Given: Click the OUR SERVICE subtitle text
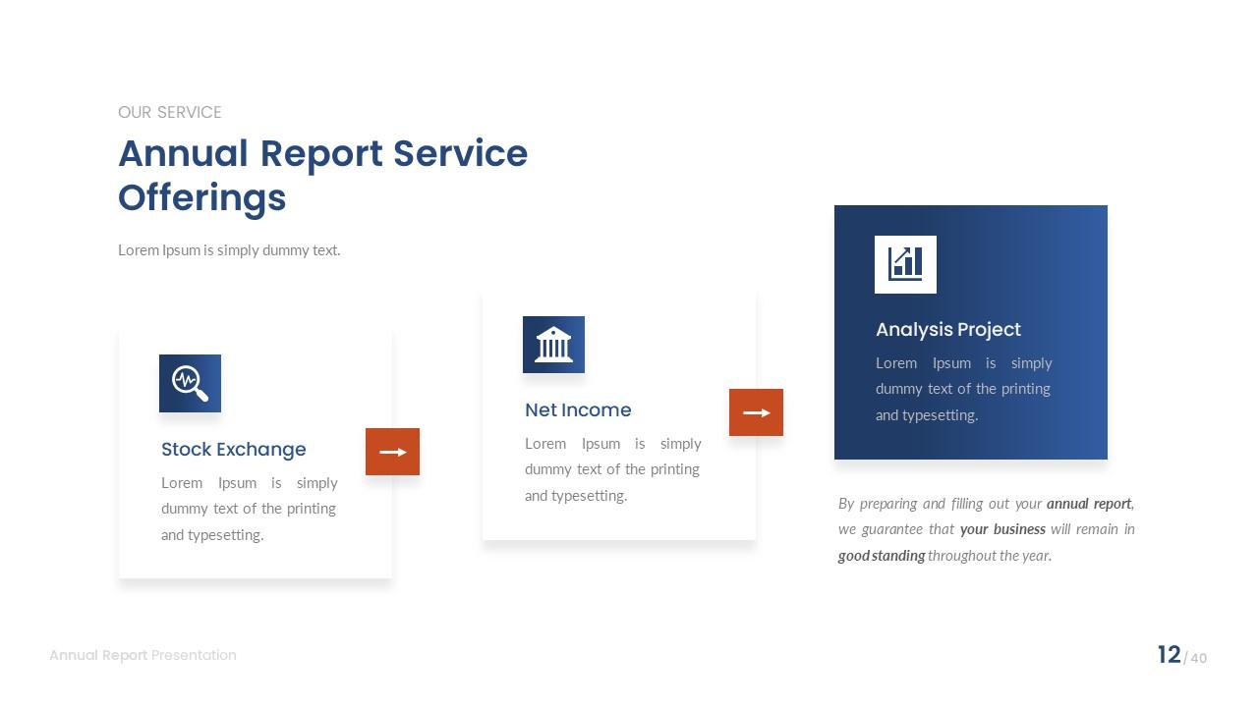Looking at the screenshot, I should [169, 112].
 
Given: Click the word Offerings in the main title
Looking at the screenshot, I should [201, 197].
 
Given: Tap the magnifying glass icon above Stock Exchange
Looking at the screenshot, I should [190, 383].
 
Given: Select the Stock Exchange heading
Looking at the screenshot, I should [233, 450].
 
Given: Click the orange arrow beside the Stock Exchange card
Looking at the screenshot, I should [392, 452].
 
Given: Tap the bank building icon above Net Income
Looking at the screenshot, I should [553, 345].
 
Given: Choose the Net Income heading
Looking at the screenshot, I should [578, 410].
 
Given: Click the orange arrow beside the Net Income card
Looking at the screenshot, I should [756, 412].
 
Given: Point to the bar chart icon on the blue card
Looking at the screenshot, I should [905, 264].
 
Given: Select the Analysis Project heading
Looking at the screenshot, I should [947, 330].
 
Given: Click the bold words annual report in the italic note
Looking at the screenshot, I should [1088, 504].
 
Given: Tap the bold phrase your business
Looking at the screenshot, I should [1002, 529].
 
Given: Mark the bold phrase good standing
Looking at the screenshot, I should [881, 556].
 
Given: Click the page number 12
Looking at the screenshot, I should [1169, 655].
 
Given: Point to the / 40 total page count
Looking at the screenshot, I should [1196, 658].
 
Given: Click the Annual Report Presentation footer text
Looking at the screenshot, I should [143, 655].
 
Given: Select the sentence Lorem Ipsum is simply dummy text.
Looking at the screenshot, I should [229, 250].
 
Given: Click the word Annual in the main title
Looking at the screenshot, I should [183, 154].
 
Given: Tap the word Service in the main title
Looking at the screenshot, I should [460, 154].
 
